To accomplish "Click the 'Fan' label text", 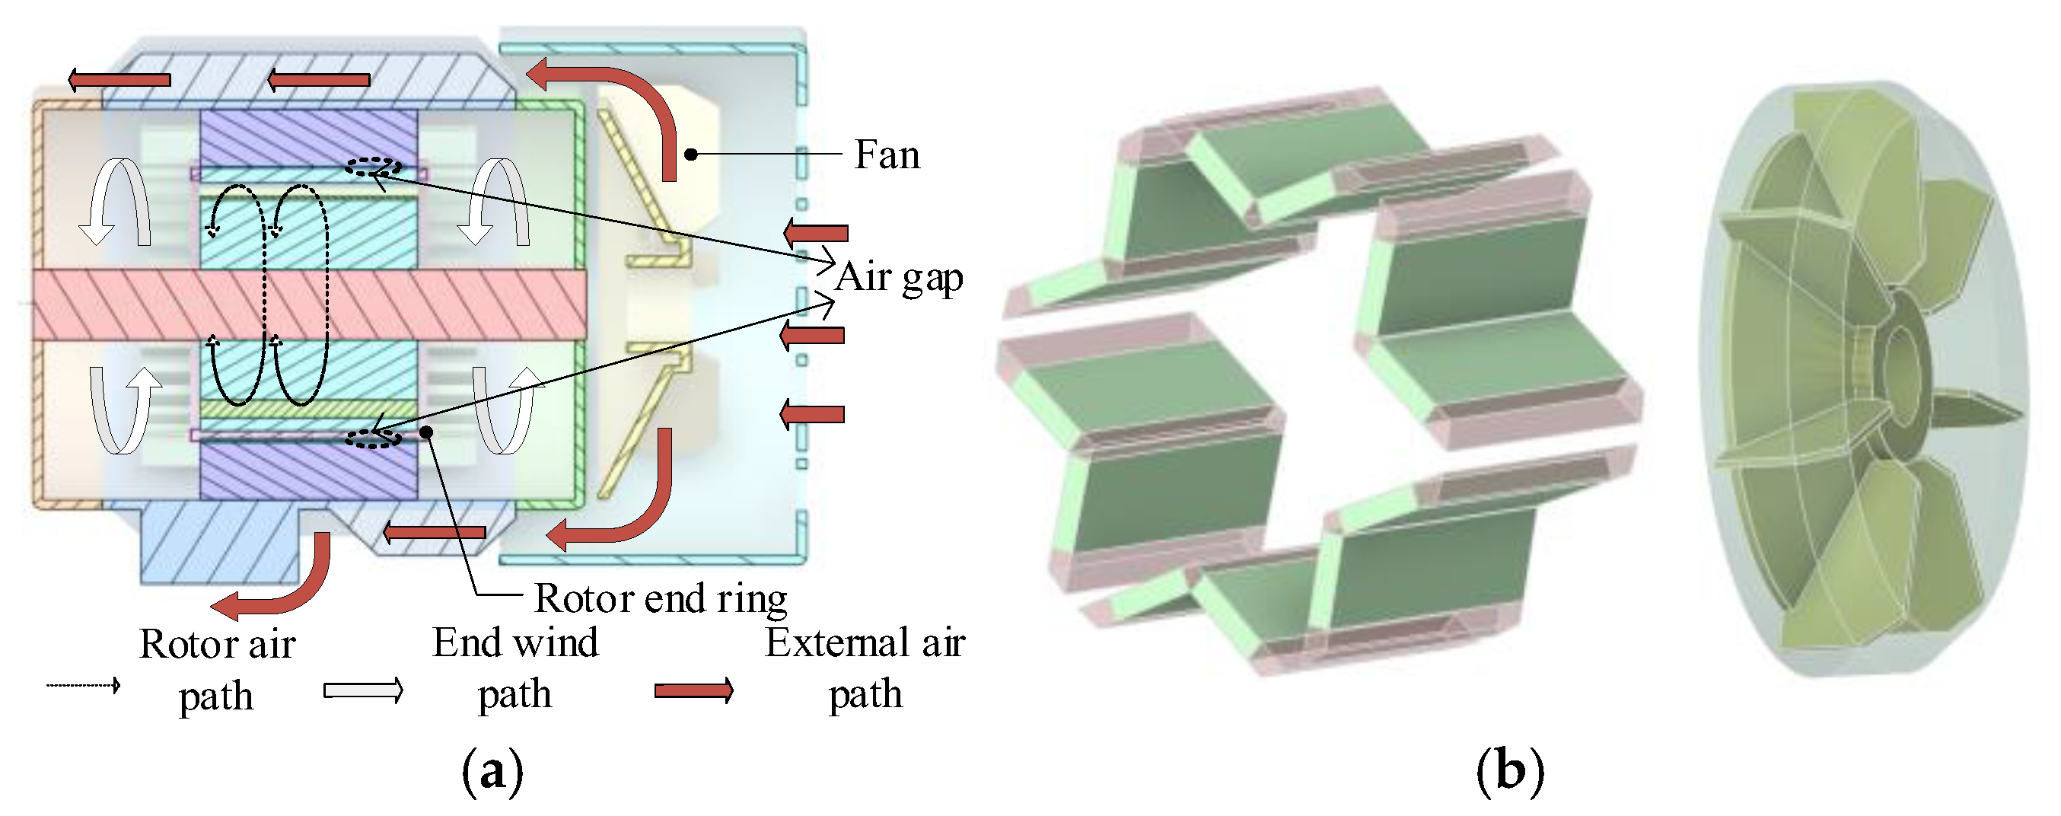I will pos(887,155).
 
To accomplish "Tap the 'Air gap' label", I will pos(899,279).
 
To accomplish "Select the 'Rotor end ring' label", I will pos(660,598).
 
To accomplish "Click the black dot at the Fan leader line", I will pos(690,154).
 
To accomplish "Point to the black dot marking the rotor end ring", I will pos(426,432).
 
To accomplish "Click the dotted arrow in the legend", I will pos(83,686).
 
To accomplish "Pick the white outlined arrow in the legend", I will pos(362,690).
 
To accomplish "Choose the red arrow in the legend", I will pos(693,690).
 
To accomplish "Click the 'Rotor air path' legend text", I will pos(217,670).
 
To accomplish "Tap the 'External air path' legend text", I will pos(865,668).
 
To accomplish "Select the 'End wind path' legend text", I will pos(515,668).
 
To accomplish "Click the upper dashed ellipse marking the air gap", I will pos(373,167).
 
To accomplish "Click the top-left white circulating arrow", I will pos(115,200).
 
